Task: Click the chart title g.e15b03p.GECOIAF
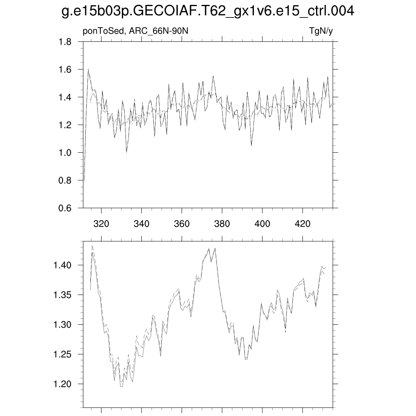208,12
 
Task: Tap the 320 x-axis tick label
101,224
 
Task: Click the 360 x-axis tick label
182,224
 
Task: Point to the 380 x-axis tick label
222,224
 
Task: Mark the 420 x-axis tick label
302,224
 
